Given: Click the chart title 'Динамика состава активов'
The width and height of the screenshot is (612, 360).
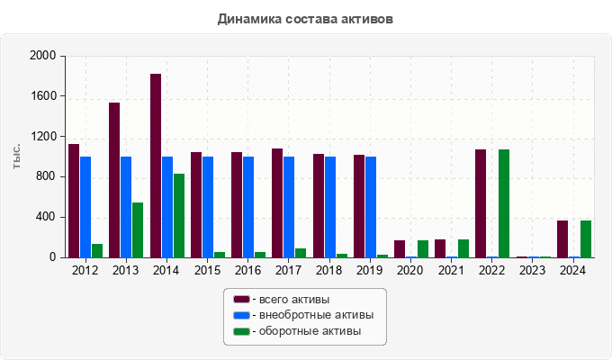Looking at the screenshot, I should pos(305,18).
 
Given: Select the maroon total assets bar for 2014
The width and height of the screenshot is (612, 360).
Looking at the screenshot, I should pos(156,166).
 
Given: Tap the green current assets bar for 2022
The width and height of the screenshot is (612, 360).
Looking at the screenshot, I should pos(504,203).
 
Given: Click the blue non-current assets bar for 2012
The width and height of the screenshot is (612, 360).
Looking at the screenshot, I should pos(85,207).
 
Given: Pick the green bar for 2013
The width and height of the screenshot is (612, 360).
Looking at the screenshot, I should pos(138,230).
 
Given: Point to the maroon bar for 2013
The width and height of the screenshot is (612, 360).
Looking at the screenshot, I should pos(114,180).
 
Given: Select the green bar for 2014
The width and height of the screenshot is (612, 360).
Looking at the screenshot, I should pos(179,216).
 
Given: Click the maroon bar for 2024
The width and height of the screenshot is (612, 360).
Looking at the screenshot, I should pos(562,239).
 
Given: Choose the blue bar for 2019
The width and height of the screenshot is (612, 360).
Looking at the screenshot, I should pos(371,207).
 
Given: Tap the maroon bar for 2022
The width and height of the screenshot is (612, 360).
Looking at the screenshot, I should pos(481,203).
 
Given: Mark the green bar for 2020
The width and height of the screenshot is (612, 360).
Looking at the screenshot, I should pos(423,249).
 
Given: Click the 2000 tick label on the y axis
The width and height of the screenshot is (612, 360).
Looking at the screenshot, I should pos(43,56).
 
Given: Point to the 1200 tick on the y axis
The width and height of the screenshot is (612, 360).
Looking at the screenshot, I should pos(43,137).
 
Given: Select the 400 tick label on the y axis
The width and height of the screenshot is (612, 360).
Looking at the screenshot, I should pos(47,217).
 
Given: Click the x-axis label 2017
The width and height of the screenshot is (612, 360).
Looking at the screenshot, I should pos(289,270).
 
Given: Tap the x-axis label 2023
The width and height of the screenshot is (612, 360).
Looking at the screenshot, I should pos(533,270).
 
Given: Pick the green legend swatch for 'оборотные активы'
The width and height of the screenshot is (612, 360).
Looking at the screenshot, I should pos(241,331).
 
